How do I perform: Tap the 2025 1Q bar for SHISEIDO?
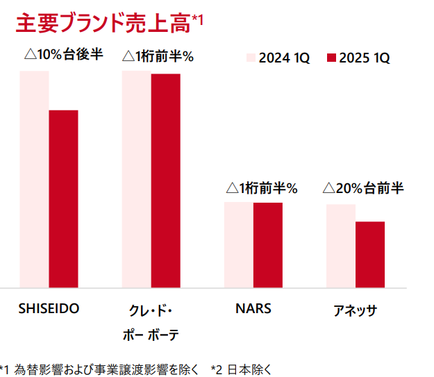tap(63, 198)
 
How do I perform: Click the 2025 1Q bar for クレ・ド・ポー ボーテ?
tap(165, 180)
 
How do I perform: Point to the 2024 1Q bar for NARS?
tap(238, 244)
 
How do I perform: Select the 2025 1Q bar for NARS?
tap(267, 244)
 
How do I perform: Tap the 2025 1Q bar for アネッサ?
tap(369, 254)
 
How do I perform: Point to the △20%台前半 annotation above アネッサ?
tap(362, 187)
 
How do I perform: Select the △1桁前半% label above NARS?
tap(261, 187)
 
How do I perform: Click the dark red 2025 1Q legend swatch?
tap(331, 58)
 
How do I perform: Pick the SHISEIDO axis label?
tap(49, 308)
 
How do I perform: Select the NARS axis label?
tap(253, 308)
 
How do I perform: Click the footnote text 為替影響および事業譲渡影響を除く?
tap(106, 368)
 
